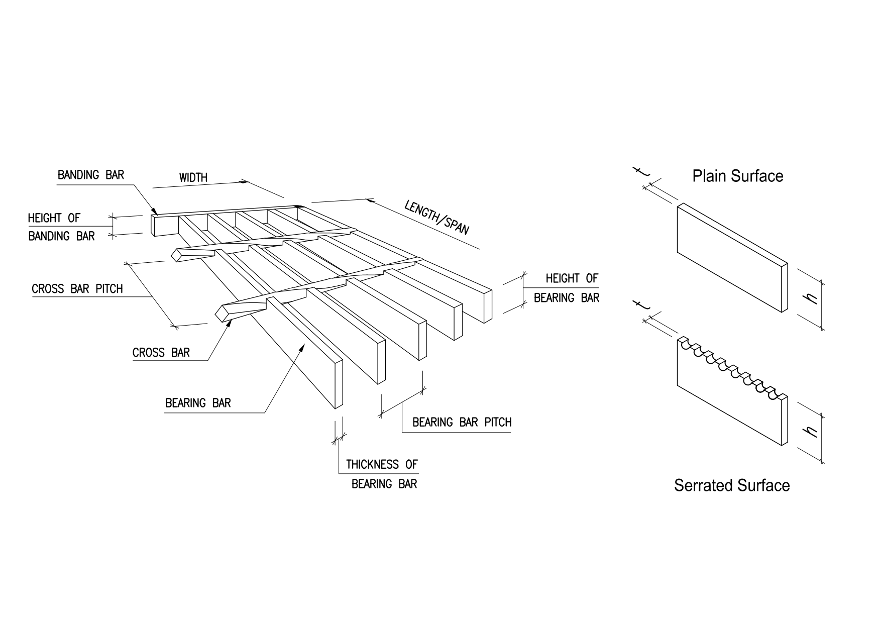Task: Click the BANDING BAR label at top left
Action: [90, 175]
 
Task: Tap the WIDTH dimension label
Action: [193, 178]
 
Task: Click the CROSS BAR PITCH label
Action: [77, 289]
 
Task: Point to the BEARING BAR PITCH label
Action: [462, 423]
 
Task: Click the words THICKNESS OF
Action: [382, 464]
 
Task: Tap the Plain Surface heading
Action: [737, 176]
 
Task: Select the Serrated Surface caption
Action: [732, 485]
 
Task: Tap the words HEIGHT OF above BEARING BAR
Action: [572, 278]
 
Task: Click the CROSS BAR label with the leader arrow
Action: [161, 353]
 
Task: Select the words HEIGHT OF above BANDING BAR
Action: [54, 218]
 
